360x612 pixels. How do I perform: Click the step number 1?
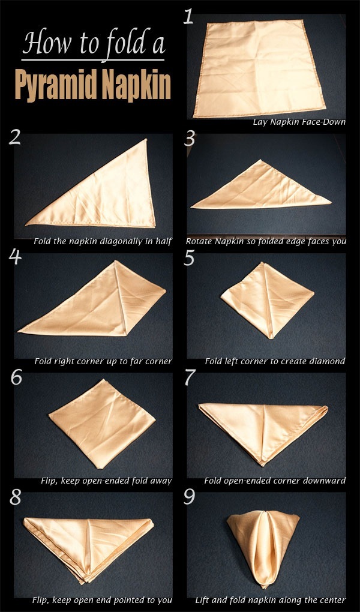click(189, 16)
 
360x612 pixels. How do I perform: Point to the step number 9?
click(191, 498)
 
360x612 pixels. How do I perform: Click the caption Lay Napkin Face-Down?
click(299, 122)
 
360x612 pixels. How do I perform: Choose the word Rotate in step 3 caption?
click(199, 242)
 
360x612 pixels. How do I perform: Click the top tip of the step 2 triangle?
click(146, 140)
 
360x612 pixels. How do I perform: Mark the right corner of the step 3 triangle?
click(330, 202)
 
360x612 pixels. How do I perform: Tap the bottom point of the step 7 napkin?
click(262, 463)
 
